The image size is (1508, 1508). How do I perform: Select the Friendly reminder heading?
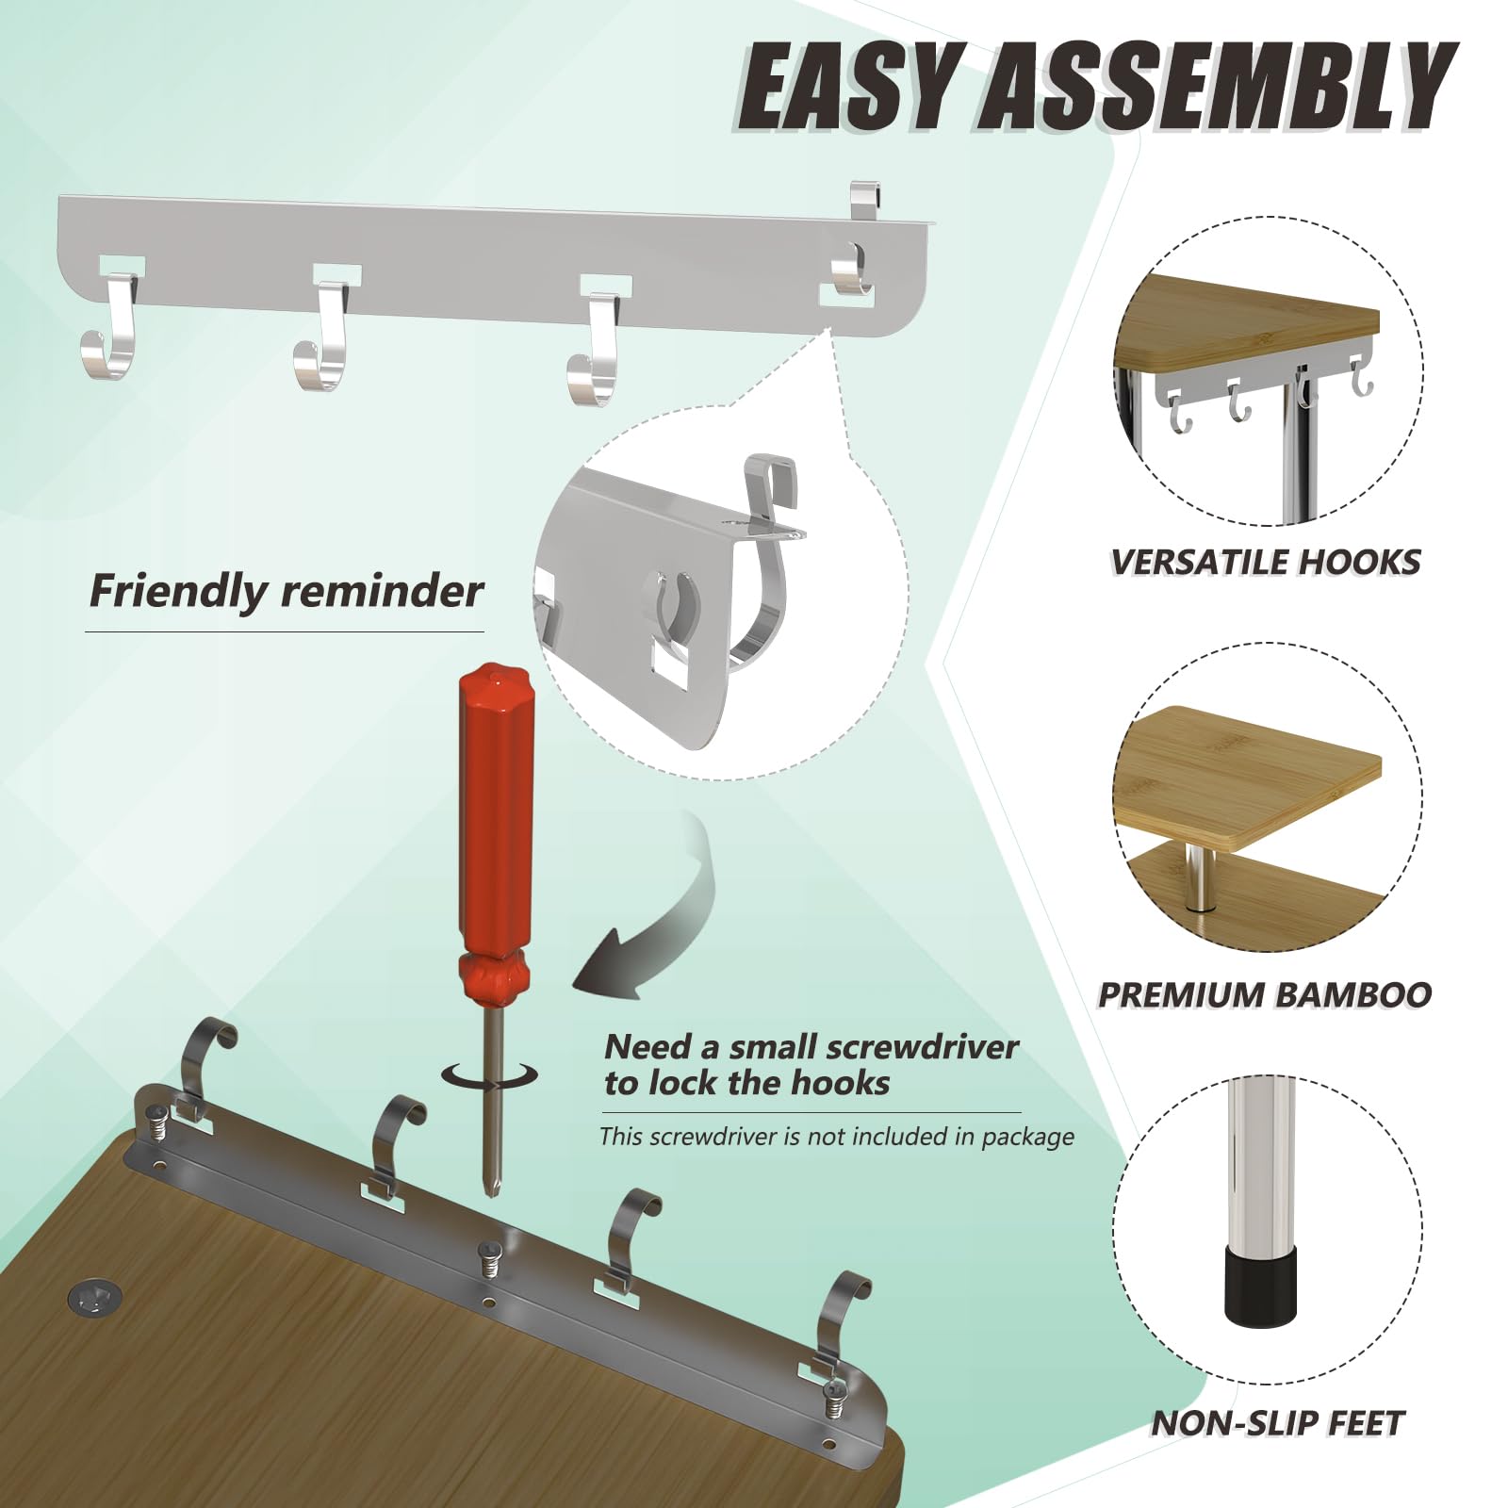286,592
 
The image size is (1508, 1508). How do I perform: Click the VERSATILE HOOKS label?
1265,563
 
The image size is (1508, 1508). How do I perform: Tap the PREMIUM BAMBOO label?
1265,994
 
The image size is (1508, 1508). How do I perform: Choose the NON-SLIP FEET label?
1277,1423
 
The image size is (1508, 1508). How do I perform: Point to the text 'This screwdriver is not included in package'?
836,1137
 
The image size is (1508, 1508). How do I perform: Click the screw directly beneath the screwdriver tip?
489,1258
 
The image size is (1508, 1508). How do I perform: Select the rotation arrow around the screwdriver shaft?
490,1075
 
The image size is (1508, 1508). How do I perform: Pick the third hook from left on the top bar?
596,349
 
